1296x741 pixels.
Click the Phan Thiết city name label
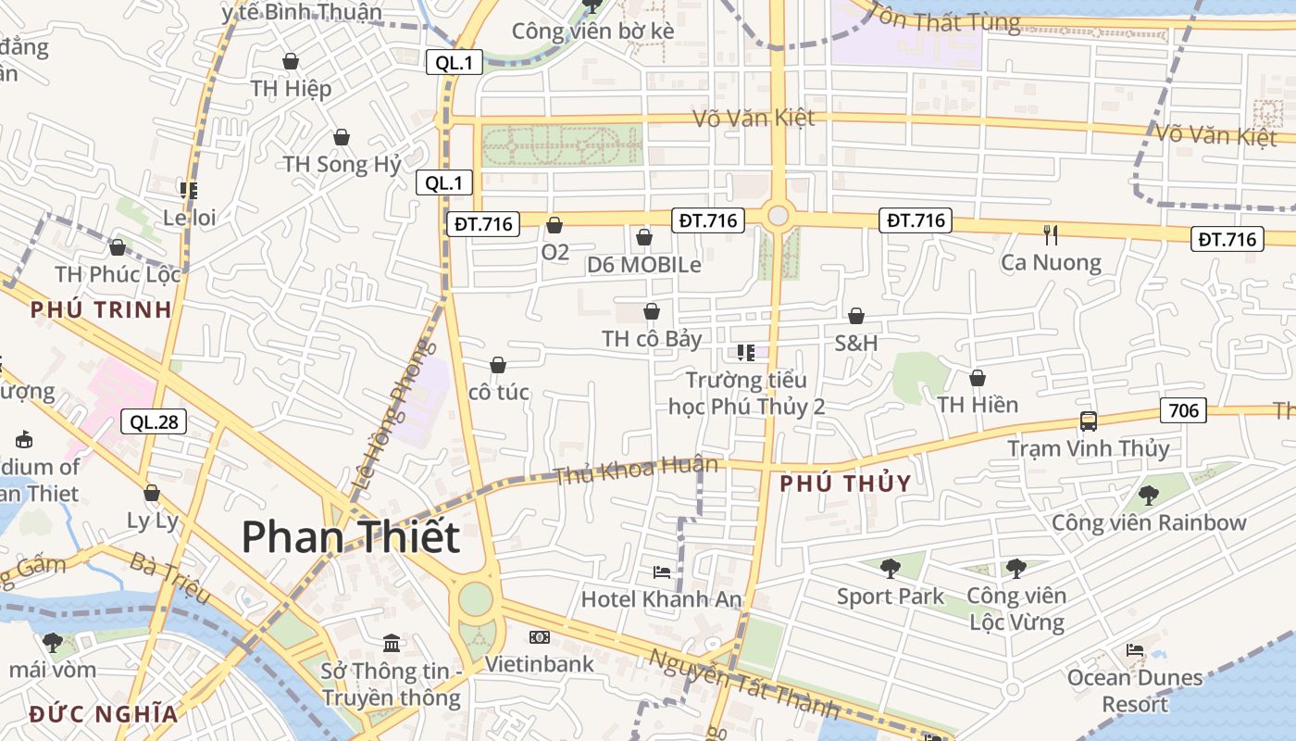(351, 537)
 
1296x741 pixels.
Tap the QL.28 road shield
(154, 422)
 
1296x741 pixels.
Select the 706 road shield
(1183, 410)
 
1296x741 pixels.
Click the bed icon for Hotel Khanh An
(661, 571)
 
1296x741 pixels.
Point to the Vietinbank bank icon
(539, 637)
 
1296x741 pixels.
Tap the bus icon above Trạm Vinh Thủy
(1089, 421)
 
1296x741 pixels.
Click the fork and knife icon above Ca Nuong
(1050, 234)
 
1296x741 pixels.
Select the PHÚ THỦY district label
(845, 483)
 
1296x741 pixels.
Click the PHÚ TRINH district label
(102, 309)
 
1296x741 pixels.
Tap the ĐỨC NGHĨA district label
(103, 714)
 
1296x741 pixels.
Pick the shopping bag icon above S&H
(856, 316)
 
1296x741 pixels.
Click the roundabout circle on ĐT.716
(778, 216)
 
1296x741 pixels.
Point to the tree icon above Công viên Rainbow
(1149, 495)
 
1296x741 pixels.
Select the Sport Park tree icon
(891, 568)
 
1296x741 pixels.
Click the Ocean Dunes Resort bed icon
(1135, 650)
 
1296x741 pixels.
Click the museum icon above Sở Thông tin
(392, 643)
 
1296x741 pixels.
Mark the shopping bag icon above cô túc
(498, 365)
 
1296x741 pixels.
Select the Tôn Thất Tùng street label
(944, 18)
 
